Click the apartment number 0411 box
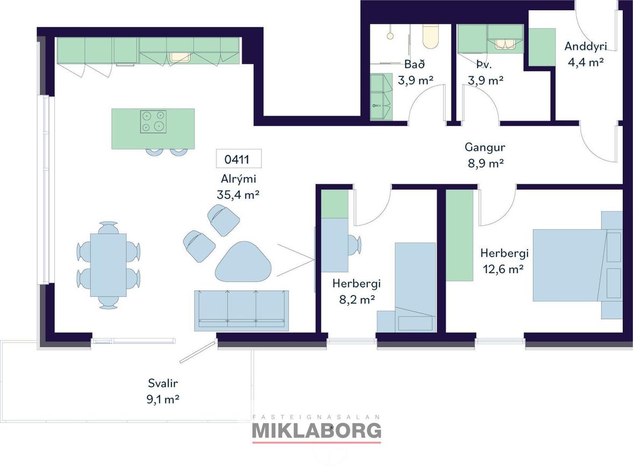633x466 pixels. (x=238, y=159)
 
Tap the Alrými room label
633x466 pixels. (x=238, y=179)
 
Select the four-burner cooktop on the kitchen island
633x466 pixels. (x=153, y=121)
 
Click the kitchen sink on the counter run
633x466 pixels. (x=180, y=57)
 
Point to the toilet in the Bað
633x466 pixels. (x=430, y=37)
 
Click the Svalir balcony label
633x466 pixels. (x=163, y=383)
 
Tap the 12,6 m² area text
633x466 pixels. (x=503, y=269)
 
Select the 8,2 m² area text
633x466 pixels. (x=357, y=299)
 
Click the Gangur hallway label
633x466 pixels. (x=485, y=147)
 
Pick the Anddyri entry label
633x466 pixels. (x=586, y=46)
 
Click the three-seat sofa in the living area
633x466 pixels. (x=241, y=311)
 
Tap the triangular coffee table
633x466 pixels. (x=243, y=262)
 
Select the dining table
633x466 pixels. (x=108, y=266)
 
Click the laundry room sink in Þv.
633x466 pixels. (x=505, y=44)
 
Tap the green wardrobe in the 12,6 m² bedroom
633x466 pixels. (x=460, y=235)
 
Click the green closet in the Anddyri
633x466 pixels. (x=542, y=47)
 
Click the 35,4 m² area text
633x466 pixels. (x=238, y=195)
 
